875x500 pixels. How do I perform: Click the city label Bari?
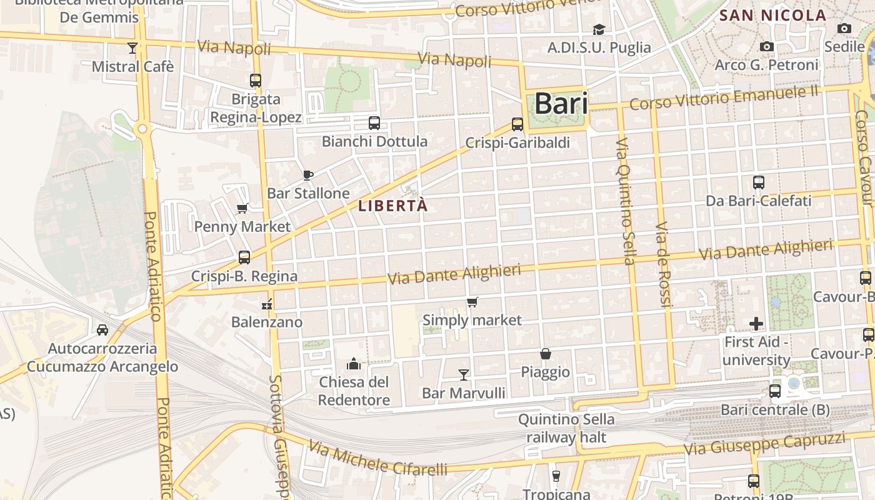click(561, 104)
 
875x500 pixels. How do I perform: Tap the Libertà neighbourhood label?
click(393, 206)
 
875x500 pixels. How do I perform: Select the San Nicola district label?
click(772, 16)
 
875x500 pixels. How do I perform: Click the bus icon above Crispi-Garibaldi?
click(517, 124)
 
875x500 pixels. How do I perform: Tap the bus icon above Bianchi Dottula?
click(374, 123)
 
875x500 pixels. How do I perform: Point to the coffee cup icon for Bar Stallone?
click(307, 175)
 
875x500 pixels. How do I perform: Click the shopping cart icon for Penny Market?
click(242, 208)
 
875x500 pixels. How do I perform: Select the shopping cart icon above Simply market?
click(472, 302)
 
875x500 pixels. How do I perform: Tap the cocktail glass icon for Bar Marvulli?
click(463, 374)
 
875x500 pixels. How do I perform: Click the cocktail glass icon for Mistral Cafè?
click(132, 48)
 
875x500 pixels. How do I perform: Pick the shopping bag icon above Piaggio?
click(546, 354)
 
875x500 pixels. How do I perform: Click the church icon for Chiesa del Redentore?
click(354, 363)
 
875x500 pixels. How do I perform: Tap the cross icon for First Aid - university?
click(756, 324)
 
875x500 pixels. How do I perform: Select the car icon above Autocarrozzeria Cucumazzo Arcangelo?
click(102, 329)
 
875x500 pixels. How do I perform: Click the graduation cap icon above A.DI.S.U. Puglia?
click(599, 29)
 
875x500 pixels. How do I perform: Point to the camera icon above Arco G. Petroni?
click(767, 47)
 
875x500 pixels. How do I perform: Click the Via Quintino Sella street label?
click(625, 201)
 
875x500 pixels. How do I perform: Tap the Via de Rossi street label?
click(663, 264)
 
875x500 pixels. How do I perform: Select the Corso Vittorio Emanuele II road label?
click(724, 98)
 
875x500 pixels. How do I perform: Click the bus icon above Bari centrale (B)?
click(775, 391)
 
